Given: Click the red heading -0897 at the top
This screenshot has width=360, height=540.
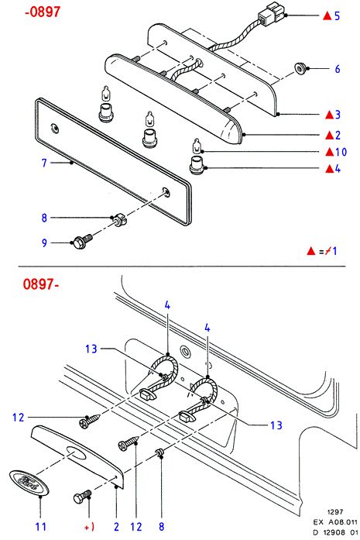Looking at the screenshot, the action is [x=43, y=12].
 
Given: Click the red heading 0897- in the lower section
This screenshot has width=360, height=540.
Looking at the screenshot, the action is [x=40, y=284].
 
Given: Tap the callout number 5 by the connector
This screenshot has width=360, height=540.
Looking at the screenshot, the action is [x=337, y=15].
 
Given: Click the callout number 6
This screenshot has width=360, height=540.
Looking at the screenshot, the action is [x=338, y=69].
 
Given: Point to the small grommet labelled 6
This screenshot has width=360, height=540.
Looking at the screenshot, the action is [x=301, y=68].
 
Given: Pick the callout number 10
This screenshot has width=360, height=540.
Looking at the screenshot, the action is [x=341, y=152].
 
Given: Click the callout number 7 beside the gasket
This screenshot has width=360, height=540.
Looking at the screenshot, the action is [x=44, y=163].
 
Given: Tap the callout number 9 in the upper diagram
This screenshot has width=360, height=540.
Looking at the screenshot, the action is [x=44, y=242].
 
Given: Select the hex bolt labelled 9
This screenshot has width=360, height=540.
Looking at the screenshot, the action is [x=83, y=240].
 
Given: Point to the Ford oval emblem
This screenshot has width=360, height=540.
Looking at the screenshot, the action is [x=29, y=481].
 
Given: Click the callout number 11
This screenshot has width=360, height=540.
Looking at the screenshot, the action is [x=41, y=527].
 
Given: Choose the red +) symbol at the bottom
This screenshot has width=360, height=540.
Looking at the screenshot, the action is [x=89, y=527].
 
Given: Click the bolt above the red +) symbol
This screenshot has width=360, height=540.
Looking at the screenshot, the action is [x=83, y=497].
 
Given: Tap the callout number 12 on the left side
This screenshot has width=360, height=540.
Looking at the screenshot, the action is [x=19, y=418].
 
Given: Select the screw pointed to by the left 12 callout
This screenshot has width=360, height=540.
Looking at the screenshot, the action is [x=90, y=421].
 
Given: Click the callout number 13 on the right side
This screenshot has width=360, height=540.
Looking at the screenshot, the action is [x=276, y=425].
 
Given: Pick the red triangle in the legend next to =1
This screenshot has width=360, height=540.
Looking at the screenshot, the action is [x=311, y=251].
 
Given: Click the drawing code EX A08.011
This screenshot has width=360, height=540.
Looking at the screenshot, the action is [x=335, y=522].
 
